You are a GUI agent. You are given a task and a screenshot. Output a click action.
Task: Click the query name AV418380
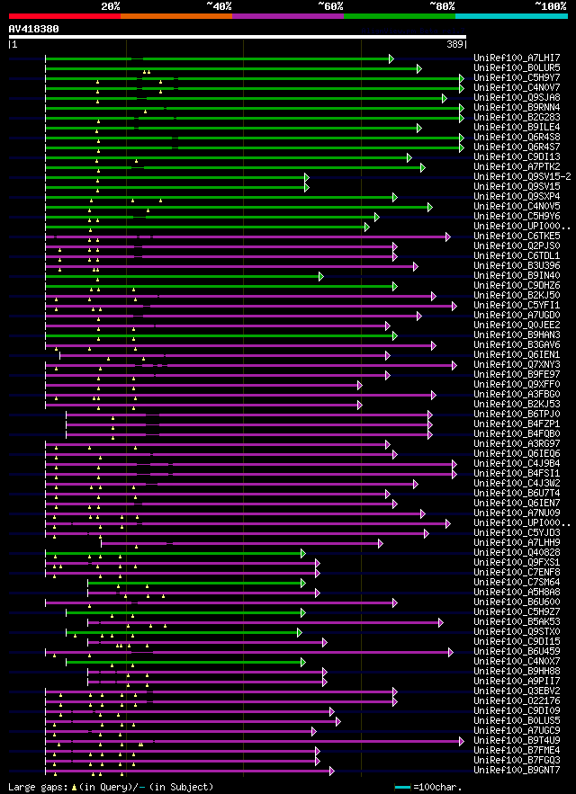[33, 29]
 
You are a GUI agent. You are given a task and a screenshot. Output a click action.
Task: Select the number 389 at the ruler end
[455, 44]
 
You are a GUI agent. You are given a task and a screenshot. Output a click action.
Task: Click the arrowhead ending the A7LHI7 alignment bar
[391, 58]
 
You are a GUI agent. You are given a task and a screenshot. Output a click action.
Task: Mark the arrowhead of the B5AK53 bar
[440, 622]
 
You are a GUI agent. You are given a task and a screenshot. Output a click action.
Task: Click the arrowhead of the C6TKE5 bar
[447, 236]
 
